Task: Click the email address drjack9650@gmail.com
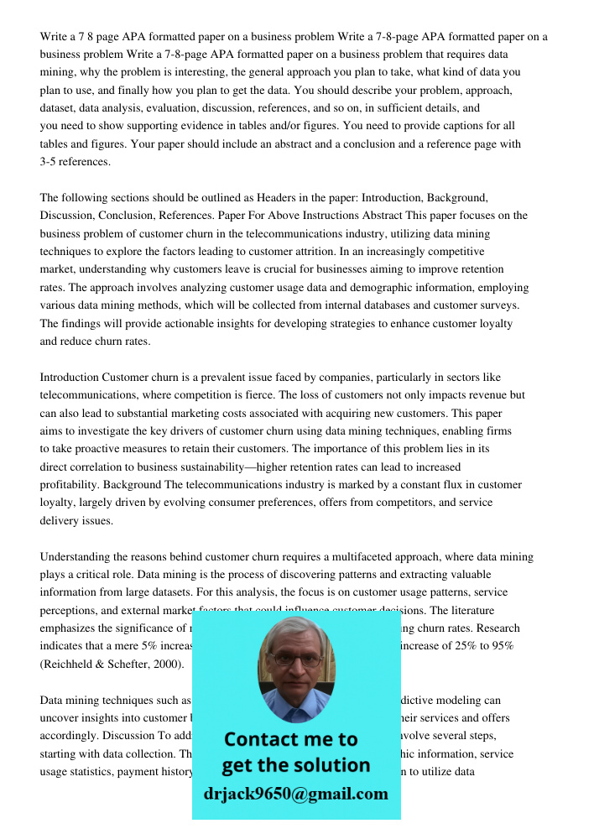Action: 295,794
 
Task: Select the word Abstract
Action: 380,216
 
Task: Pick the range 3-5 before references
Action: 51,162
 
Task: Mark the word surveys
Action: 500,305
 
